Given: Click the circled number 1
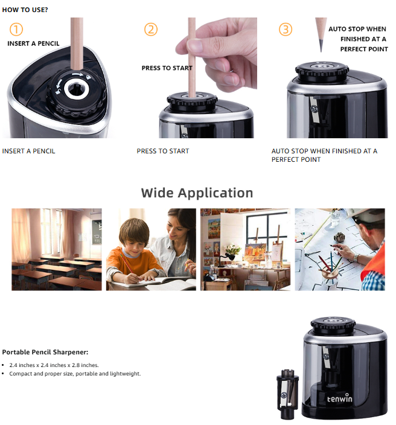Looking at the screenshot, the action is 16,29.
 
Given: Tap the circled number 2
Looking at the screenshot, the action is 151,29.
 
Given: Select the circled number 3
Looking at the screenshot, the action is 286,29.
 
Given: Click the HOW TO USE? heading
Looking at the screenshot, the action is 25,10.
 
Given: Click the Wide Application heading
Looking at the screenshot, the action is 197,193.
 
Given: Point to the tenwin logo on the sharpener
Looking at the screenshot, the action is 340,398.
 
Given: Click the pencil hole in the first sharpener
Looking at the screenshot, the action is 77,89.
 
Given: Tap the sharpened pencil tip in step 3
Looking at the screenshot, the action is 321,45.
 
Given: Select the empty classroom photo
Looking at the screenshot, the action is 57,249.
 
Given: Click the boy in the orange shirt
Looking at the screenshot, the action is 133,252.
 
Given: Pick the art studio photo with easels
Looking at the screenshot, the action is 245,249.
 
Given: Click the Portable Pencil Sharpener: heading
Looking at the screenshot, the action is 45,352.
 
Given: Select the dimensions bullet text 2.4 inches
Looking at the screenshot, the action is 54,365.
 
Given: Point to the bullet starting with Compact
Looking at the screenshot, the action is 75,374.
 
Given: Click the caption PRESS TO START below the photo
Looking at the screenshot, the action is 163,151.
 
